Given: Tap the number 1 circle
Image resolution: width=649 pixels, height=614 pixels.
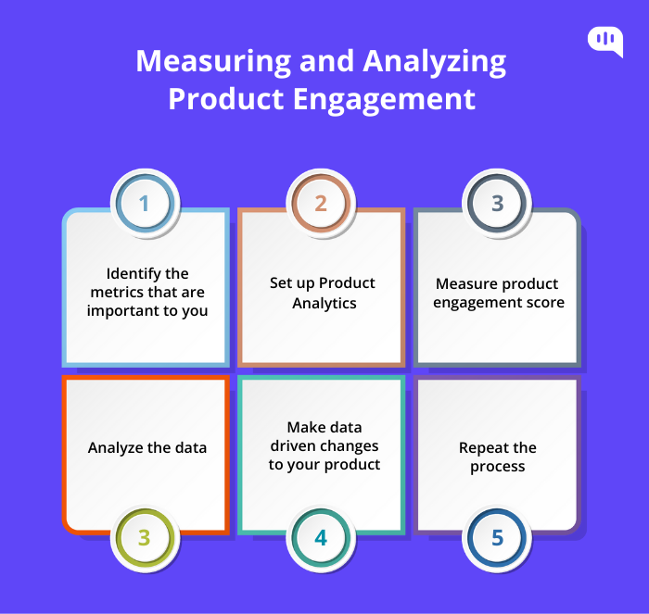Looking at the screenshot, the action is pos(145,204).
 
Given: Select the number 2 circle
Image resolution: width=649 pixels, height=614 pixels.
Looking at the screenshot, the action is pos(321,204).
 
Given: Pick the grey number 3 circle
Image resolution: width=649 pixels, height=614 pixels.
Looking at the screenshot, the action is pos(497,204).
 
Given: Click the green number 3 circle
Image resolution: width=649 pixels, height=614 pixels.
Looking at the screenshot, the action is pos(145,538).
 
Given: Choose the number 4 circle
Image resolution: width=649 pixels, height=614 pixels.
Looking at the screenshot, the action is pos(321,538).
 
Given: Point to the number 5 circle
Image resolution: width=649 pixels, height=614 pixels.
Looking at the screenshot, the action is pos(497,538).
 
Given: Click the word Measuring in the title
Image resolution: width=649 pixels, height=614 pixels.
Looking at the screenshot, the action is pos(213,62).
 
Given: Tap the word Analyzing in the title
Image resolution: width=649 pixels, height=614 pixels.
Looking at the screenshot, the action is pos(435,62).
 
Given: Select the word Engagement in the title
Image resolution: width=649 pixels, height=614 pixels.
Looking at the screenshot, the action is pos(384,100).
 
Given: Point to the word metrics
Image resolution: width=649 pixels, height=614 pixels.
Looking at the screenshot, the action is pos(115,292).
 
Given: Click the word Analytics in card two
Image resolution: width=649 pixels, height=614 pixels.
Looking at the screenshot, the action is pos(324,304).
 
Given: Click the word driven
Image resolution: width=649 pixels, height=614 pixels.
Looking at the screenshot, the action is pos(292,445).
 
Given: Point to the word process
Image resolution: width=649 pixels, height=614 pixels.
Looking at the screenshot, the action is pos(498,467).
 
